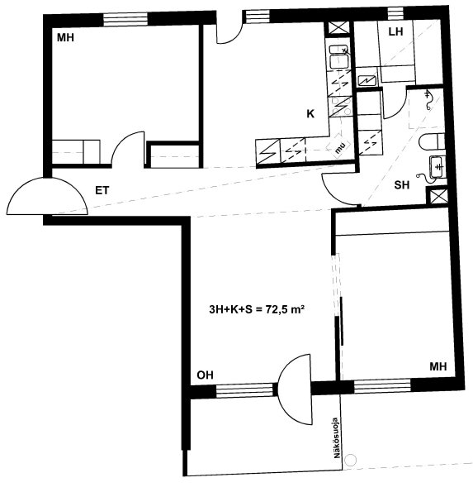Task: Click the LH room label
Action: click(395, 31)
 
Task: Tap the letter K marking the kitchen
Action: click(310, 113)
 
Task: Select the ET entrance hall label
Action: click(102, 190)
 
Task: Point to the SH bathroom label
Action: click(402, 185)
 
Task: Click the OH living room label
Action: click(206, 375)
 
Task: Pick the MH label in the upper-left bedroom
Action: click(65, 38)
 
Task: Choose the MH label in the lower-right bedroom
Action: click(438, 366)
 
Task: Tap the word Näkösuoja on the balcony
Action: click(337, 437)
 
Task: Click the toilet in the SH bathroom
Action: click(432, 141)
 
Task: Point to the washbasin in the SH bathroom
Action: click(437, 166)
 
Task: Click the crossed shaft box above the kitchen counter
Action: click(338, 28)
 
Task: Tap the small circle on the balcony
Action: click(350, 461)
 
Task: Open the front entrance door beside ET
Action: click(47, 196)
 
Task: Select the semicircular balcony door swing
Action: click(295, 389)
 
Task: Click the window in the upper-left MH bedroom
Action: click(125, 20)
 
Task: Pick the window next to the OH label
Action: click(244, 390)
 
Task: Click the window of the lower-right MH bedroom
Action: click(382, 385)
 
